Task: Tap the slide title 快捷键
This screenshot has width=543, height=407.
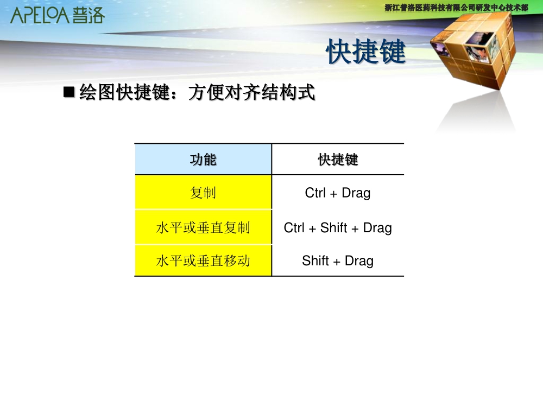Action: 365,52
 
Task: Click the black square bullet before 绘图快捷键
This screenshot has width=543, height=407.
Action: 69,92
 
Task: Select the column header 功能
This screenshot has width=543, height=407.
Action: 203,160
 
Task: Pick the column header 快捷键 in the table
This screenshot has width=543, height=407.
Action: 338,160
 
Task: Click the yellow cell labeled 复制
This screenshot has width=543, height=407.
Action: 203,193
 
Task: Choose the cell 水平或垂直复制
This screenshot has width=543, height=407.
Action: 203,227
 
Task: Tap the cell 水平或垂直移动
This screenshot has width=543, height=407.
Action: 203,260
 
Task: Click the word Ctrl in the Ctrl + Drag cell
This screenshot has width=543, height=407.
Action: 315,193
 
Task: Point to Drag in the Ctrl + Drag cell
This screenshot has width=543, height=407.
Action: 356,193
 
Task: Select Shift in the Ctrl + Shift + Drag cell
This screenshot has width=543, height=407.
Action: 333,228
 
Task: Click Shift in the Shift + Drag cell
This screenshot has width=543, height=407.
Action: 315,260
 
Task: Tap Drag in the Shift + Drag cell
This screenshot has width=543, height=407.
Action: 359,261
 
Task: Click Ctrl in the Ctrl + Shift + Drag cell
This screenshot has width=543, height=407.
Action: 294,228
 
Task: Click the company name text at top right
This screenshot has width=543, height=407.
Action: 457,7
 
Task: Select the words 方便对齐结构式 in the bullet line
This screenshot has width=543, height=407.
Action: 252,92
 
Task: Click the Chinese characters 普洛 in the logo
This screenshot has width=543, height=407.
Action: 89,16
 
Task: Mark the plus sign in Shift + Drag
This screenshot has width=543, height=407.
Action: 337,262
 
